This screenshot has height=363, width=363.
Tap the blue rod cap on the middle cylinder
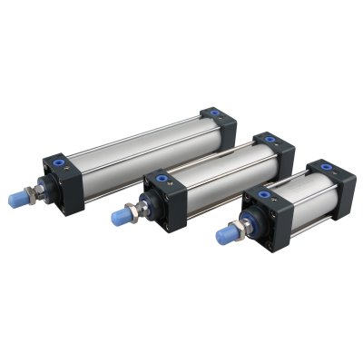click(119, 217)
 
